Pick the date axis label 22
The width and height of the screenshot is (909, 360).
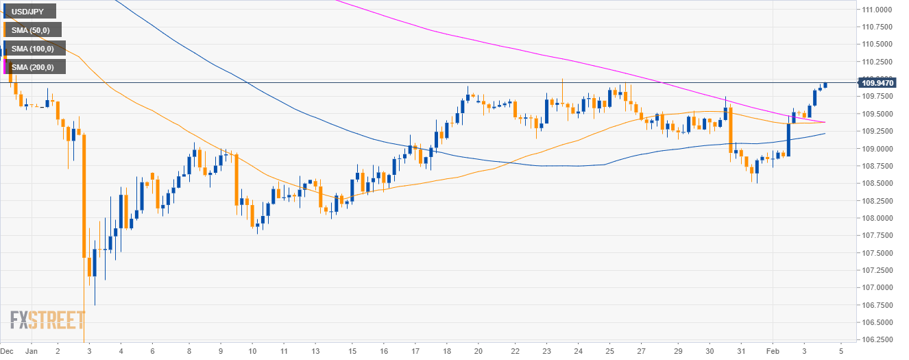516,350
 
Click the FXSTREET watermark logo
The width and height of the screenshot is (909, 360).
47,320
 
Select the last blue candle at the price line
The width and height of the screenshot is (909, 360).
825,85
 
